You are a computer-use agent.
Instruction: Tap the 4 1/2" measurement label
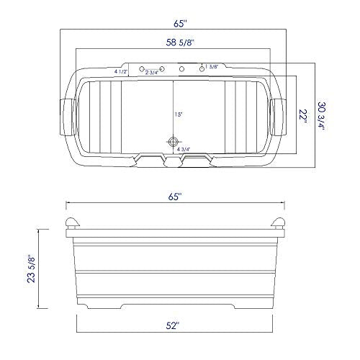(x=121, y=72)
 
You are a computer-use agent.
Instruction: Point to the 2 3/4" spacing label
(x=153, y=73)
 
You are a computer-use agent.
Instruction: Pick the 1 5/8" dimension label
(x=212, y=67)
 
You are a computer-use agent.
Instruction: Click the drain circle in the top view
(x=172, y=141)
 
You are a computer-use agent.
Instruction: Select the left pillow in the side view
(x=73, y=223)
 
